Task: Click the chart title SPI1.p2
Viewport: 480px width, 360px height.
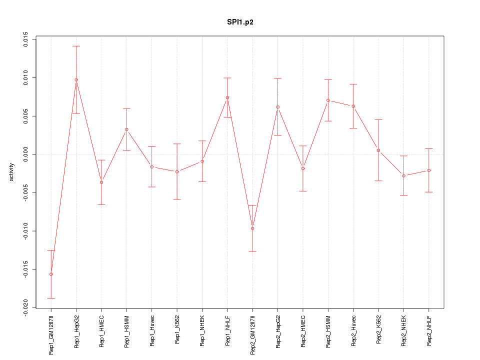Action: [x=239, y=22]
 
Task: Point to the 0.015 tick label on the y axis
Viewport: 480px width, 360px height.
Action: [x=26, y=39]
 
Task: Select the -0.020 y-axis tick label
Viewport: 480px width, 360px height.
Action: [x=26, y=307]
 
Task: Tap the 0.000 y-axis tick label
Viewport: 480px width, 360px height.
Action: [x=26, y=154]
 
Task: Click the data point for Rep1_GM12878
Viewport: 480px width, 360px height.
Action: [x=51, y=274]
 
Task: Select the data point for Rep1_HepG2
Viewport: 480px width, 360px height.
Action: [x=76, y=80]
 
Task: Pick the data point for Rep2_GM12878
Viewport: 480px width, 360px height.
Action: [x=252, y=228]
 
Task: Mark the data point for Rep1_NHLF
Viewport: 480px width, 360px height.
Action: [x=227, y=97]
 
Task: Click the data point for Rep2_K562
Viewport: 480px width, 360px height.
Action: [x=378, y=150]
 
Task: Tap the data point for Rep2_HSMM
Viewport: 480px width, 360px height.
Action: [x=328, y=100]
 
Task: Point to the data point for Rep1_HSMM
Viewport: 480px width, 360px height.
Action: [x=126, y=129]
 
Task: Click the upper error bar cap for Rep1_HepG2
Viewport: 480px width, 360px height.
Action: [x=76, y=46]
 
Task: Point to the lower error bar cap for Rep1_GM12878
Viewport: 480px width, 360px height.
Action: [x=51, y=298]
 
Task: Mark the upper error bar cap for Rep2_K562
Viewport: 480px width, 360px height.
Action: [x=378, y=119]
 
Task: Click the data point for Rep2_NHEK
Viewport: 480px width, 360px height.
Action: [x=403, y=175]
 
